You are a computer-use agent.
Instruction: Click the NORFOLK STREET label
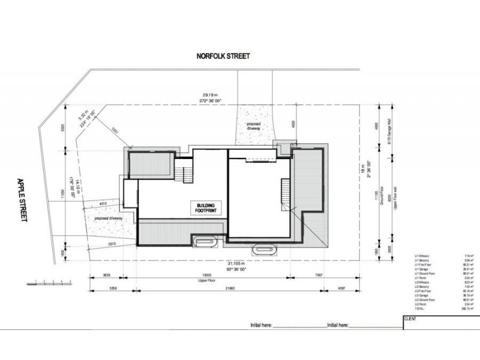click(x=223, y=56)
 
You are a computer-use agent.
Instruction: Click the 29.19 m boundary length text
click(x=208, y=94)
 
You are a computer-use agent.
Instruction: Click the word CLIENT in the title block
click(x=412, y=319)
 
